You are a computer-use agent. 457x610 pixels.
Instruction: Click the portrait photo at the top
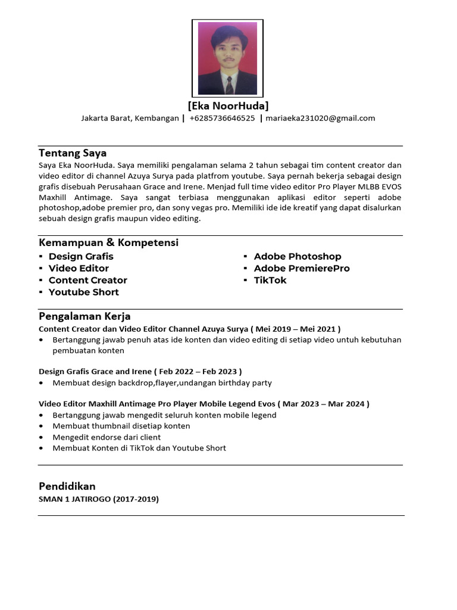[227, 58]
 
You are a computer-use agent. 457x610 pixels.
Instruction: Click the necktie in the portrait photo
[228, 85]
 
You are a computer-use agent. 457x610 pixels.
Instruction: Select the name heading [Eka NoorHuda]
[228, 106]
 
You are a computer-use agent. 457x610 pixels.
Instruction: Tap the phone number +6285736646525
[222, 118]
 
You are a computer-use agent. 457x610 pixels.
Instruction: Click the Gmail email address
[320, 118]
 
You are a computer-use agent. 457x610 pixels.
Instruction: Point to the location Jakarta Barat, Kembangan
[130, 118]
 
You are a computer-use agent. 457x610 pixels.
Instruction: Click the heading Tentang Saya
[73, 153]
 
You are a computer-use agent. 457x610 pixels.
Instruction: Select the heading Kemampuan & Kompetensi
[108, 242]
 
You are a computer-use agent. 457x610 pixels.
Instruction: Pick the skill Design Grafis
[81, 256]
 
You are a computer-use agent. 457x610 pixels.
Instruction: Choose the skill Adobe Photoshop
[298, 256]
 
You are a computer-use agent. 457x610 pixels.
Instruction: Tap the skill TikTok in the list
[270, 280]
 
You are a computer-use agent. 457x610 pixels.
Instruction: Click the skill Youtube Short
[84, 292]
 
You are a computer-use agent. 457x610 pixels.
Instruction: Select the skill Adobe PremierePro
[302, 268]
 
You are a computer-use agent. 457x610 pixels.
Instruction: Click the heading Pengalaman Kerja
[84, 316]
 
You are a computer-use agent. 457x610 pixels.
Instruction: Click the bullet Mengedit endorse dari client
[107, 437]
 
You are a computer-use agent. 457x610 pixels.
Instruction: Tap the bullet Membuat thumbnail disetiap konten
[121, 426]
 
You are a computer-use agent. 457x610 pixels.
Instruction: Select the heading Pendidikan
[67, 486]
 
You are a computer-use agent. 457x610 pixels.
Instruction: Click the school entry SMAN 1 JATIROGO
[75, 499]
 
